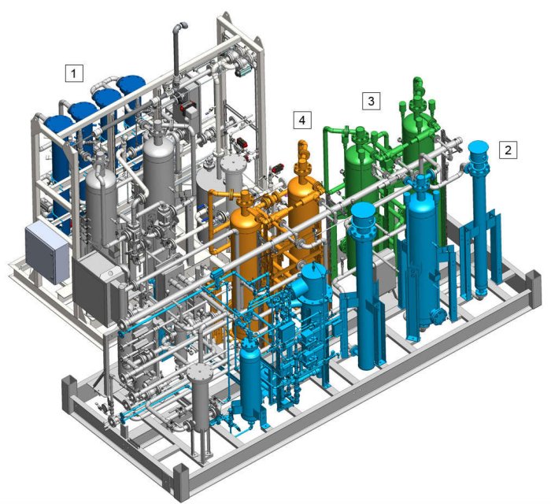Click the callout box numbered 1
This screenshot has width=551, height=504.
[x=74, y=73]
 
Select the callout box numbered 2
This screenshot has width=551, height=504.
[x=508, y=150]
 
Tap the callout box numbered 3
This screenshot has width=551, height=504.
[x=371, y=101]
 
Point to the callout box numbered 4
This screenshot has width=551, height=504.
[x=301, y=120]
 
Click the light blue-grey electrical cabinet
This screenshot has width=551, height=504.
[x=46, y=253]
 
